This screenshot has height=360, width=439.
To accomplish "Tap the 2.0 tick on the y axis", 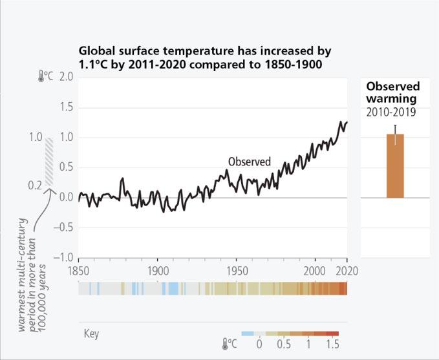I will pyautogui.click(x=65, y=77).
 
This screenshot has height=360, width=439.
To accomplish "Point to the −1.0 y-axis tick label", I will pyautogui.click(x=63, y=257).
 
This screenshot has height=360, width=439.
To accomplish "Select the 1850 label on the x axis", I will pyautogui.click(x=79, y=270).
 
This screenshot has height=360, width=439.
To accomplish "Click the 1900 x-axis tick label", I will pyautogui.click(x=157, y=270).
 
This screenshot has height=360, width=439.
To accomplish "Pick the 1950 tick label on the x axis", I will pyautogui.click(x=236, y=270).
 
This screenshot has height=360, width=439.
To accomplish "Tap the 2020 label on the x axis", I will pyautogui.click(x=347, y=270).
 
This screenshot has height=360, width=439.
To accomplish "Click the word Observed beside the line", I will pyautogui.click(x=249, y=162).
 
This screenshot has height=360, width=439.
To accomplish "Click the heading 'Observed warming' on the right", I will pyautogui.click(x=393, y=92).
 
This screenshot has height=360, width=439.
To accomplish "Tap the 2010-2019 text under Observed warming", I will pyautogui.click(x=391, y=112).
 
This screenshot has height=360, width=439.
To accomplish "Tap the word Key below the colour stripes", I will pyautogui.click(x=91, y=335).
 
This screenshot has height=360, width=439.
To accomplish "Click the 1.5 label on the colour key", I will pyautogui.click(x=332, y=344).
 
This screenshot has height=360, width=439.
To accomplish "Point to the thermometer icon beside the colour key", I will pyautogui.click(x=226, y=344).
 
